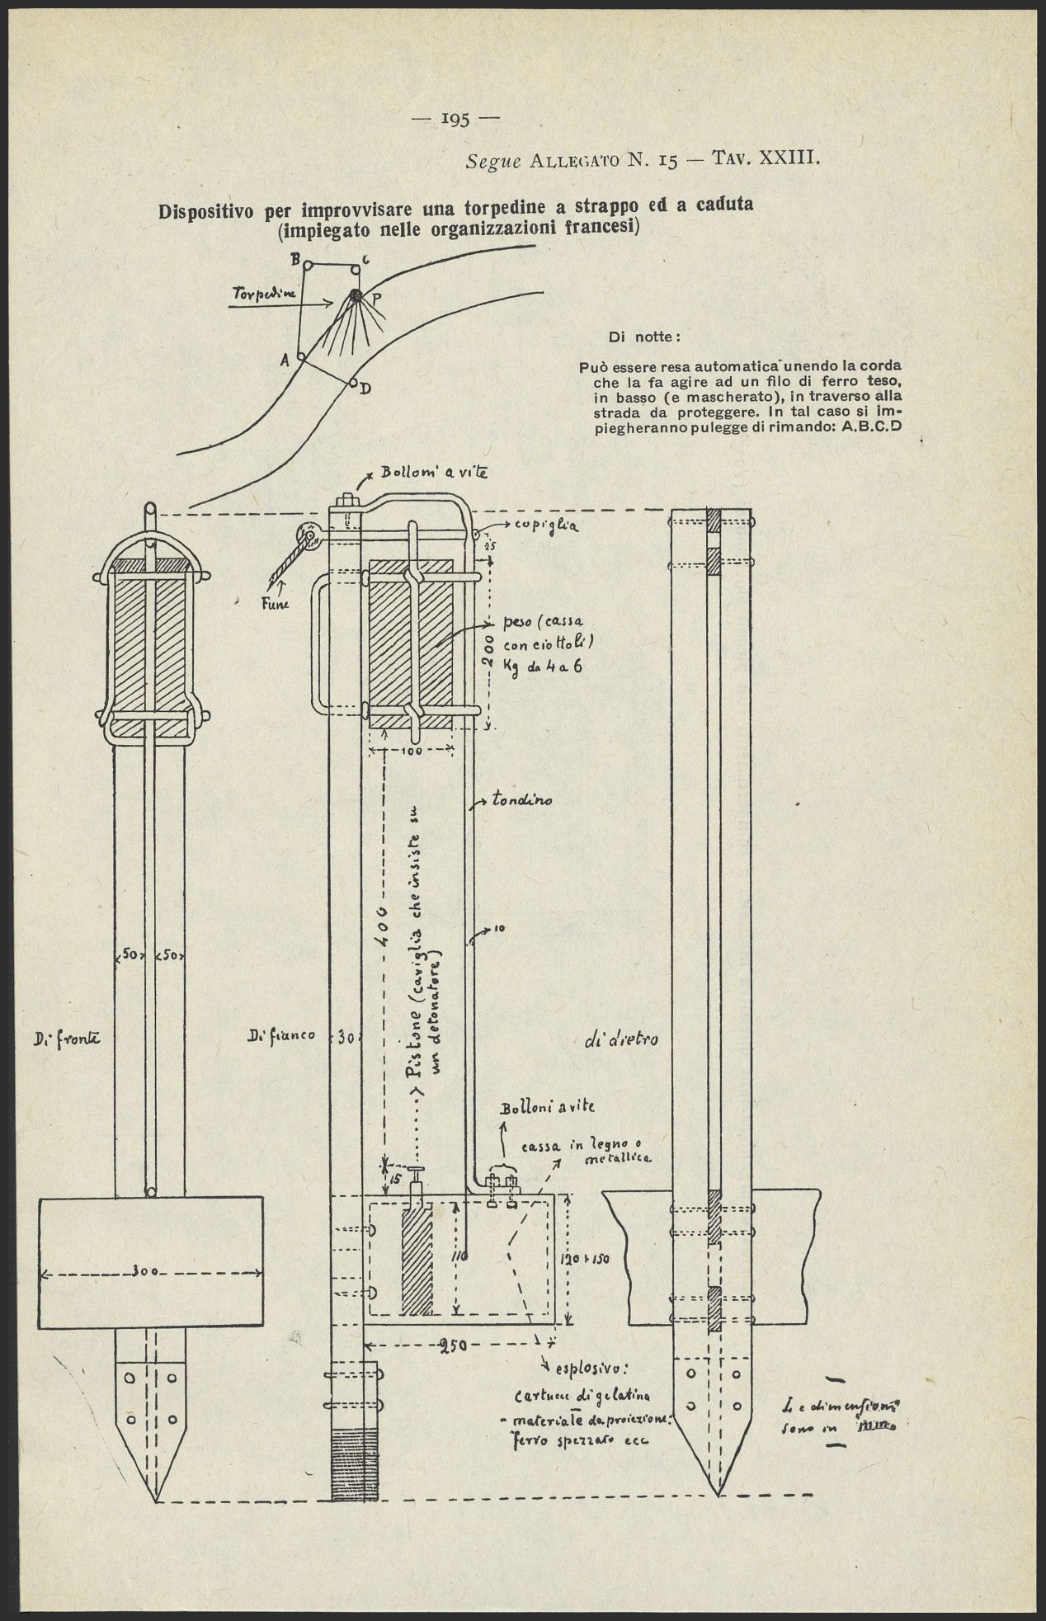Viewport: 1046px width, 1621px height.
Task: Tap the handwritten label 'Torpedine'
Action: (x=259, y=294)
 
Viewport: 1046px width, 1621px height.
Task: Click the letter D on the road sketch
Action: (x=365, y=389)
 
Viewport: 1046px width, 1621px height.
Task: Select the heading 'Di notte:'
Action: (x=643, y=337)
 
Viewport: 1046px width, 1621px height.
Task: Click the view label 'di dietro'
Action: (x=621, y=1040)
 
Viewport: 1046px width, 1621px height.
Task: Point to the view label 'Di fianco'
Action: (x=280, y=1036)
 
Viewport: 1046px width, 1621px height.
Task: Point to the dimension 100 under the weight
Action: (x=412, y=751)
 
